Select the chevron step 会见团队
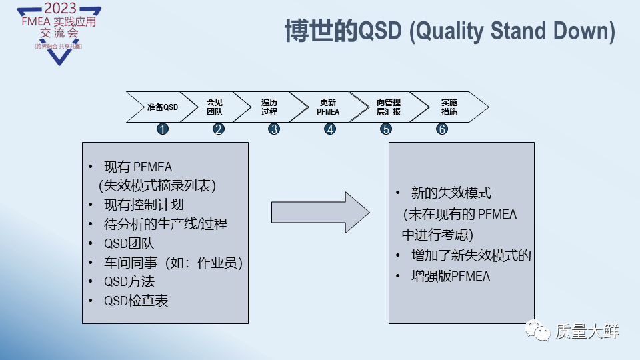tap(215, 107)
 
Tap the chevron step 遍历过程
tap(269, 107)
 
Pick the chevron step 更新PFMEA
tap(328, 107)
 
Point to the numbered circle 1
tap(162, 129)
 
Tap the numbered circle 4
tap(330, 129)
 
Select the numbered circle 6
tap(442, 129)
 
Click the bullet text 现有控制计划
tap(143, 205)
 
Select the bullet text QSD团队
tap(129, 243)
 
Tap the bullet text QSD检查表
tap(136, 301)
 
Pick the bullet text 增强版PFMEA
tap(451, 276)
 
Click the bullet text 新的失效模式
tap(451, 193)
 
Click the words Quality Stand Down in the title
tap(511, 31)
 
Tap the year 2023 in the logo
tap(59, 9)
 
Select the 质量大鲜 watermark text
tap(587, 330)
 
